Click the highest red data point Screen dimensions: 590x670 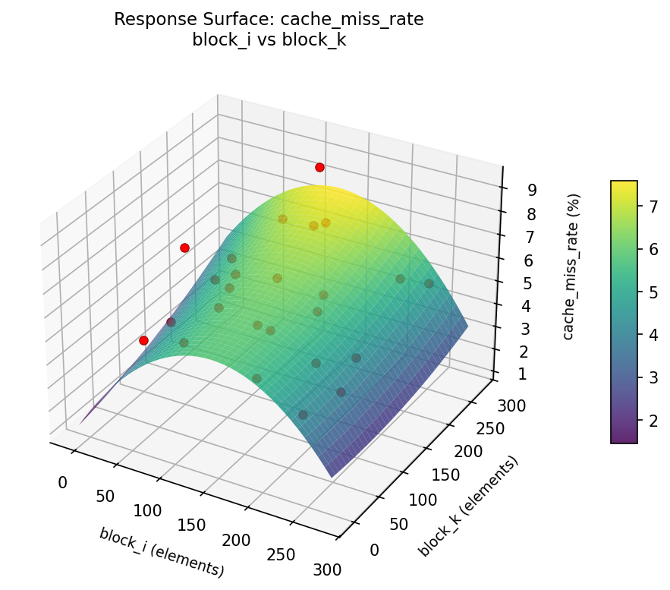[319, 167]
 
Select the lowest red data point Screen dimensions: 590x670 [143, 341]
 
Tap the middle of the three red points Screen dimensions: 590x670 [184, 248]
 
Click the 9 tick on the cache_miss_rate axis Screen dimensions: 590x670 [512, 190]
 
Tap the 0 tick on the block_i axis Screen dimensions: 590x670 [62, 482]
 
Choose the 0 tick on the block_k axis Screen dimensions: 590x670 [375, 549]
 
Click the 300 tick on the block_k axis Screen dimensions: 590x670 [511, 406]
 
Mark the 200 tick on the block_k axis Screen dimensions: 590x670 [470, 452]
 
